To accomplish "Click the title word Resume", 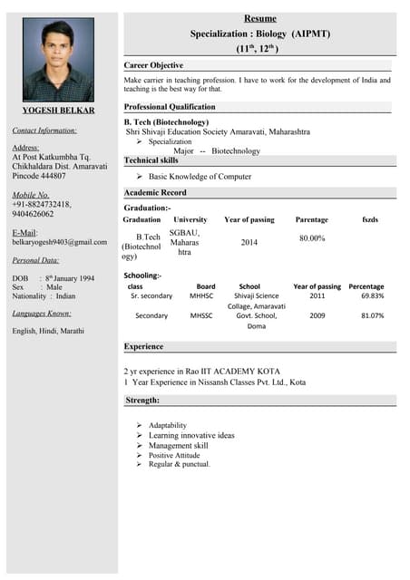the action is click(259, 18).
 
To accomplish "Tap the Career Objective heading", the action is click(153, 65).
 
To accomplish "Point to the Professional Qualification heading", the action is click(169, 106).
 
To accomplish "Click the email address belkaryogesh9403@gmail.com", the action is click(59, 242).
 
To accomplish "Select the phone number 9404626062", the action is click(33, 215).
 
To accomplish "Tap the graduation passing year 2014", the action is click(249, 242).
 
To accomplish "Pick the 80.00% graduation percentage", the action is click(312, 237).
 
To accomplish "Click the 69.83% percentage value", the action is click(372, 295).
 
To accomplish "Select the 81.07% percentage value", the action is click(372, 315).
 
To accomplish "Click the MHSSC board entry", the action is click(201, 315).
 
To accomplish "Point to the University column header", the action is click(190, 219).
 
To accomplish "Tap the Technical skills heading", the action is click(151, 159).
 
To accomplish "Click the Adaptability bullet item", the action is click(168, 425).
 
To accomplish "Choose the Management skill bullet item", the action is click(178, 445).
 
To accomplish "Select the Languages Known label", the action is click(42, 314).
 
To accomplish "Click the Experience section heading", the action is click(143, 346).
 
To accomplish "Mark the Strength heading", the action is click(142, 400).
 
